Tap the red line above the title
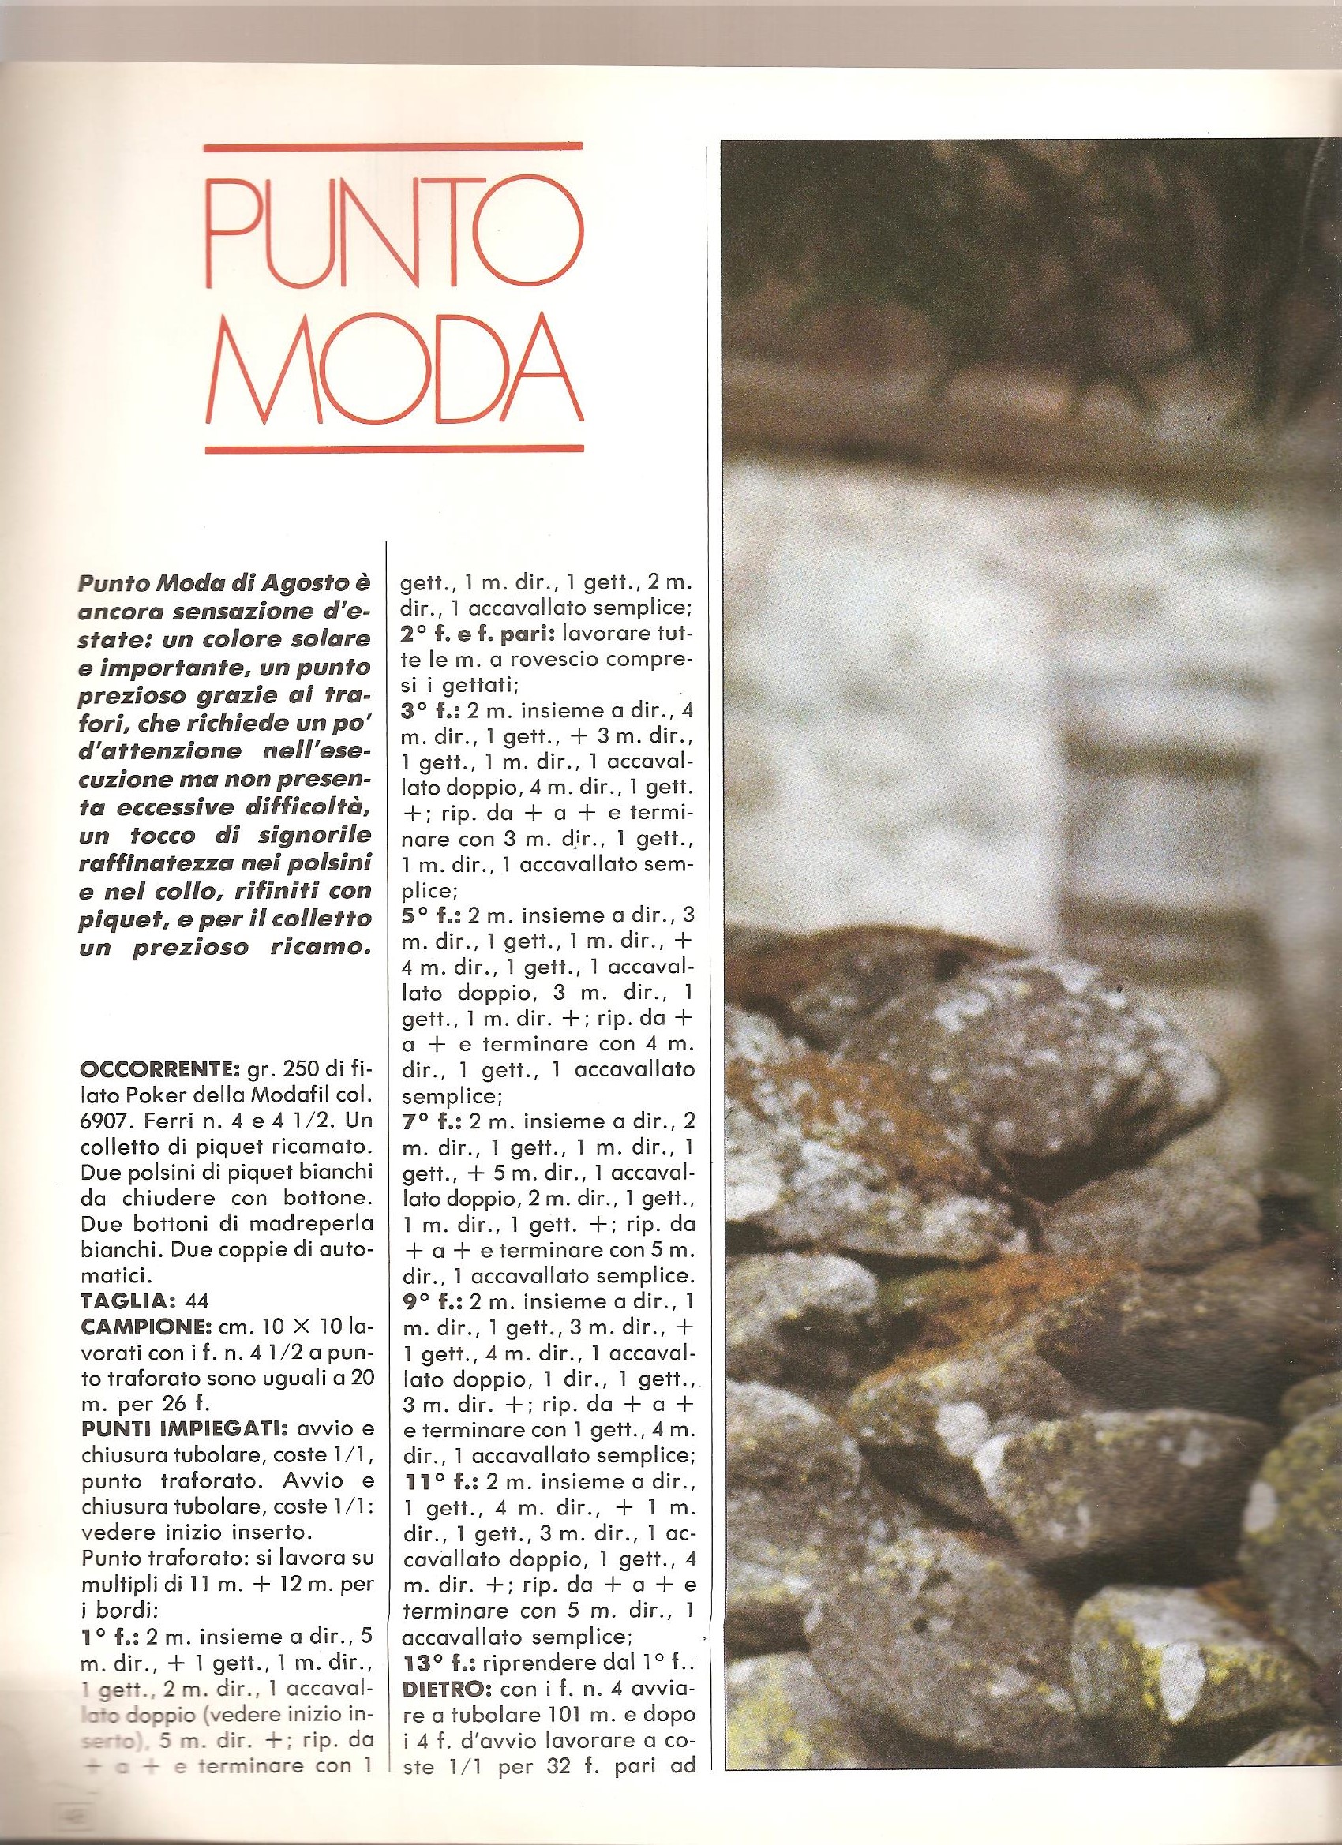pos(393,148)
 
